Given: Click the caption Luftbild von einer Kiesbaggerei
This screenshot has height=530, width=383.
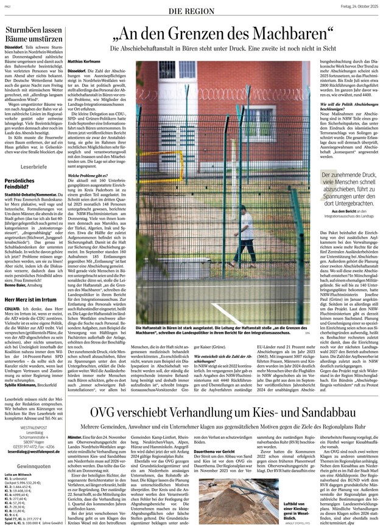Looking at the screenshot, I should click(283, 510).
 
